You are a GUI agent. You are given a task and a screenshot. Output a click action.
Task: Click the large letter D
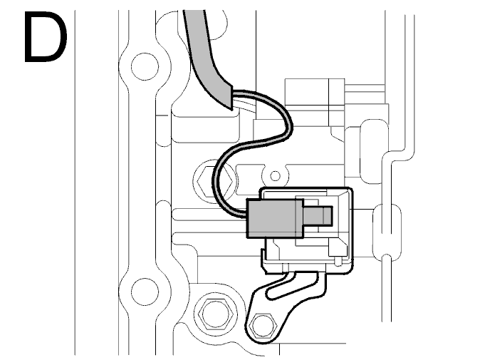point(45,37)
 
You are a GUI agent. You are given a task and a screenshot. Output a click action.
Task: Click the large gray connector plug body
point(276,218)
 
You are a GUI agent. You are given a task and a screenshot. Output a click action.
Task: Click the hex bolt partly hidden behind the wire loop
point(214,181)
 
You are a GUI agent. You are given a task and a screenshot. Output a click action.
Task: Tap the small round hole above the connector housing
point(276,176)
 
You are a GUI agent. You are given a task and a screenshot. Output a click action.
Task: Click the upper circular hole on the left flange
point(145,66)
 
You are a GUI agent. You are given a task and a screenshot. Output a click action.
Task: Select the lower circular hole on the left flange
point(145,292)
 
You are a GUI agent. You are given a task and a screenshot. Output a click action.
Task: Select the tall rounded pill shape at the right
point(374,152)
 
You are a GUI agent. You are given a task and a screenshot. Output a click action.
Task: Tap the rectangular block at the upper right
point(315,102)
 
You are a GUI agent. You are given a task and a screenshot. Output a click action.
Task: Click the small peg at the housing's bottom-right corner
point(338,262)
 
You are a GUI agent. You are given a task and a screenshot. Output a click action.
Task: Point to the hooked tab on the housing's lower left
point(264,261)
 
